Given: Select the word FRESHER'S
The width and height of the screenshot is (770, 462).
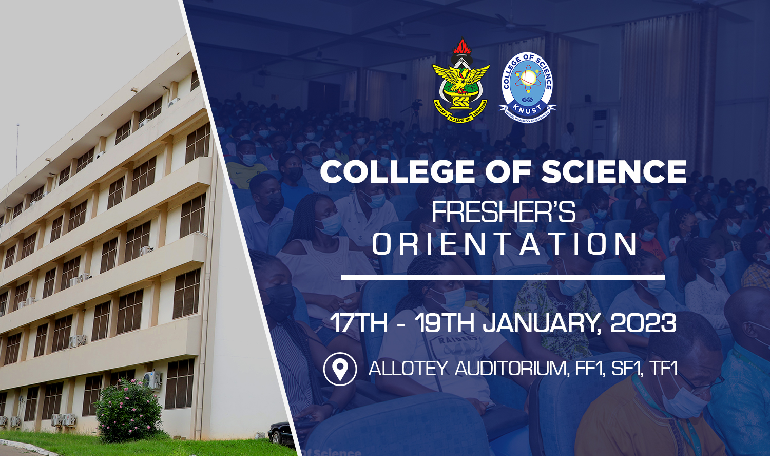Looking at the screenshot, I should [503, 212].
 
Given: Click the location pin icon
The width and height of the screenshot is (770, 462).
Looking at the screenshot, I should [340, 369].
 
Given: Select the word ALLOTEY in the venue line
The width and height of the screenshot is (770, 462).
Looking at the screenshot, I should [409, 369].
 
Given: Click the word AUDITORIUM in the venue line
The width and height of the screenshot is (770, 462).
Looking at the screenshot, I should [512, 369].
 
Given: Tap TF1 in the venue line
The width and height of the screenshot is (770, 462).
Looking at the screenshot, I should [663, 369].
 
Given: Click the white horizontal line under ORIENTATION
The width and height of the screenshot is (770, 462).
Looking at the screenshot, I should [503, 278].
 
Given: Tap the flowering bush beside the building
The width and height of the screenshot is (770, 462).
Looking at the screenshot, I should [128, 411].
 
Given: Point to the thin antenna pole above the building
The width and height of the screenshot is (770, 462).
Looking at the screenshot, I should [17, 149].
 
